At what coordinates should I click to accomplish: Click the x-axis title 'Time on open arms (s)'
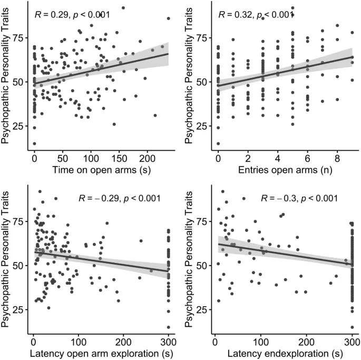pyautogui.click(x=99, y=170)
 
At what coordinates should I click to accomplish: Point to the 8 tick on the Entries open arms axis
pyautogui.click(x=337, y=158)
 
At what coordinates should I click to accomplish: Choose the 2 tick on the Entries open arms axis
pyautogui.click(x=248, y=158)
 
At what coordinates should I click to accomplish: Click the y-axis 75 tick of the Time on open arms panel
pyautogui.click(x=18, y=38)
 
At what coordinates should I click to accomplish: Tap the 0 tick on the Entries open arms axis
pyautogui.click(x=218, y=158)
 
